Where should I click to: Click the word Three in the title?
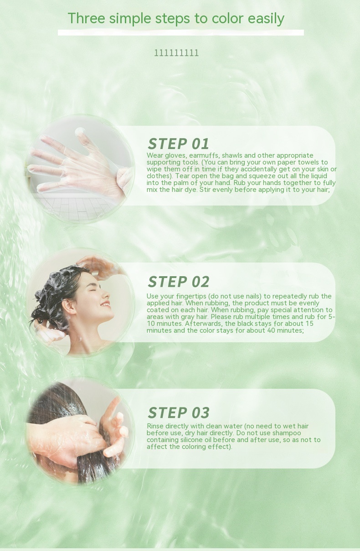pyautogui.click(x=86, y=18)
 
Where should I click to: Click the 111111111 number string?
pyautogui.click(x=176, y=53)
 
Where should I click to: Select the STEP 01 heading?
pyautogui.click(x=178, y=144)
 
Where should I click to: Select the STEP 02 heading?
pyautogui.click(x=179, y=282)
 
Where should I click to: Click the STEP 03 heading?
pyautogui.click(x=179, y=412)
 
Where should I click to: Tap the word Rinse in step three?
pyautogui.click(x=155, y=426)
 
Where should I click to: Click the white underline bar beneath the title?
pyautogui.click(x=181, y=32)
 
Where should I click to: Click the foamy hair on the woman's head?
pyautogui.click(x=57, y=288)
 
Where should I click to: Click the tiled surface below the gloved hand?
pyautogui.click(x=76, y=206)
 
